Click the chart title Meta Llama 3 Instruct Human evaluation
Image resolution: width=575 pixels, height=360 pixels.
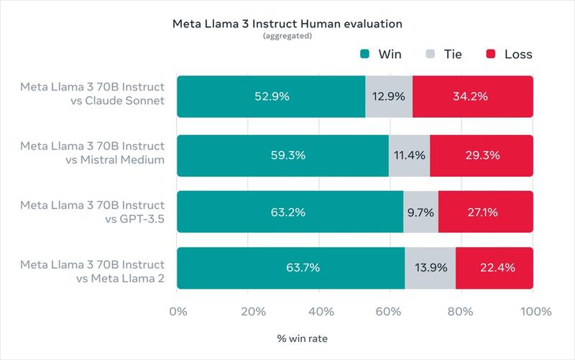click(287, 24)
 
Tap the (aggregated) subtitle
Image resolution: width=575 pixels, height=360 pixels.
click(287, 36)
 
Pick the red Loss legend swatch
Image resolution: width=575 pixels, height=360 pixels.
click(491, 55)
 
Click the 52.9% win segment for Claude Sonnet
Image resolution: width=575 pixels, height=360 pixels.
click(271, 96)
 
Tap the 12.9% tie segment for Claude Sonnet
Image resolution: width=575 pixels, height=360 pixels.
click(389, 96)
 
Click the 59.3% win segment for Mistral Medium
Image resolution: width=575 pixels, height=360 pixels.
click(282, 154)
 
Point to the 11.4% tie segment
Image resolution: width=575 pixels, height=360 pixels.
click(409, 154)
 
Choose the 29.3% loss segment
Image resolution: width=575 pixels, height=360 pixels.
click(481, 154)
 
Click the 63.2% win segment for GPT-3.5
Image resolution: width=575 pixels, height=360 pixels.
click(290, 212)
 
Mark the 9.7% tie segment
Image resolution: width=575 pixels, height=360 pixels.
click(420, 212)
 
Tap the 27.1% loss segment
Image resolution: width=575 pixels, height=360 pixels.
click(485, 212)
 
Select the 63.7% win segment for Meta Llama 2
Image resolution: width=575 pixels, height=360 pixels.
click(290, 268)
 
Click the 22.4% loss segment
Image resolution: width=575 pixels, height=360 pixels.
click(494, 268)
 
